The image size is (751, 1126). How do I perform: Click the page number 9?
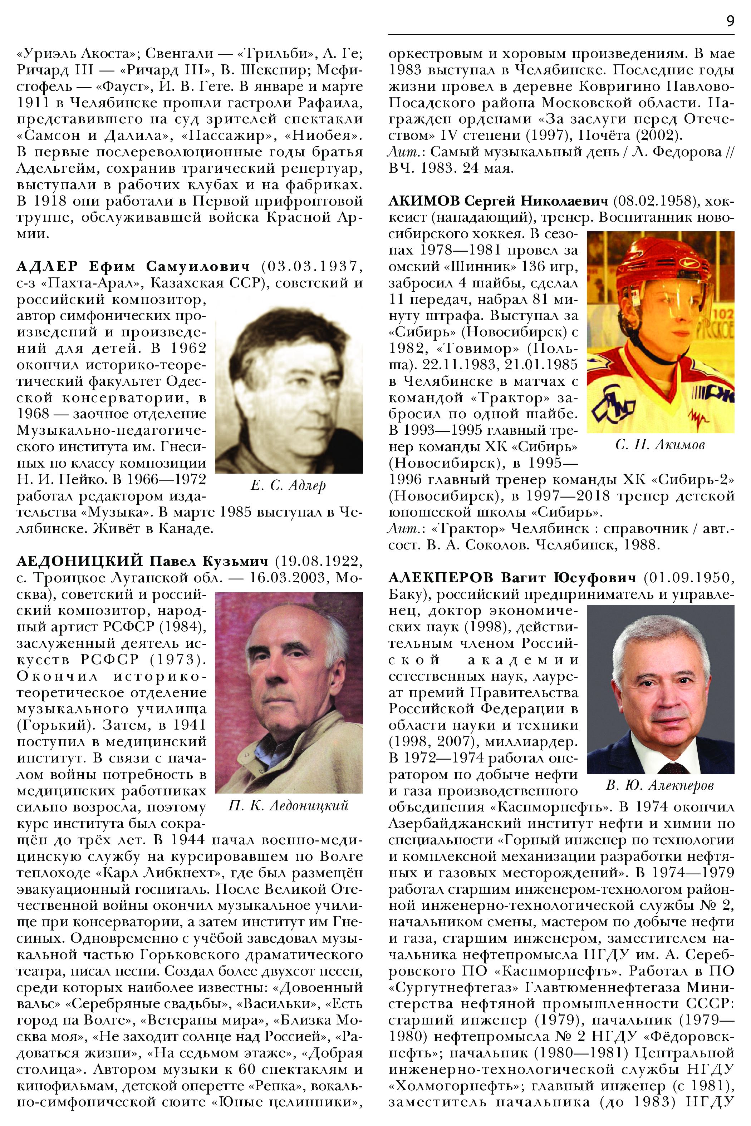click(730, 21)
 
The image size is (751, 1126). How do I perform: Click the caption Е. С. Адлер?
click(288, 485)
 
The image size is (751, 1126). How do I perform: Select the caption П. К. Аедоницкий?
click(288, 806)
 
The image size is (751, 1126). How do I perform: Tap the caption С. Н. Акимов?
click(660, 445)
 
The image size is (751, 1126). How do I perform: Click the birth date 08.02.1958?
click(654, 201)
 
